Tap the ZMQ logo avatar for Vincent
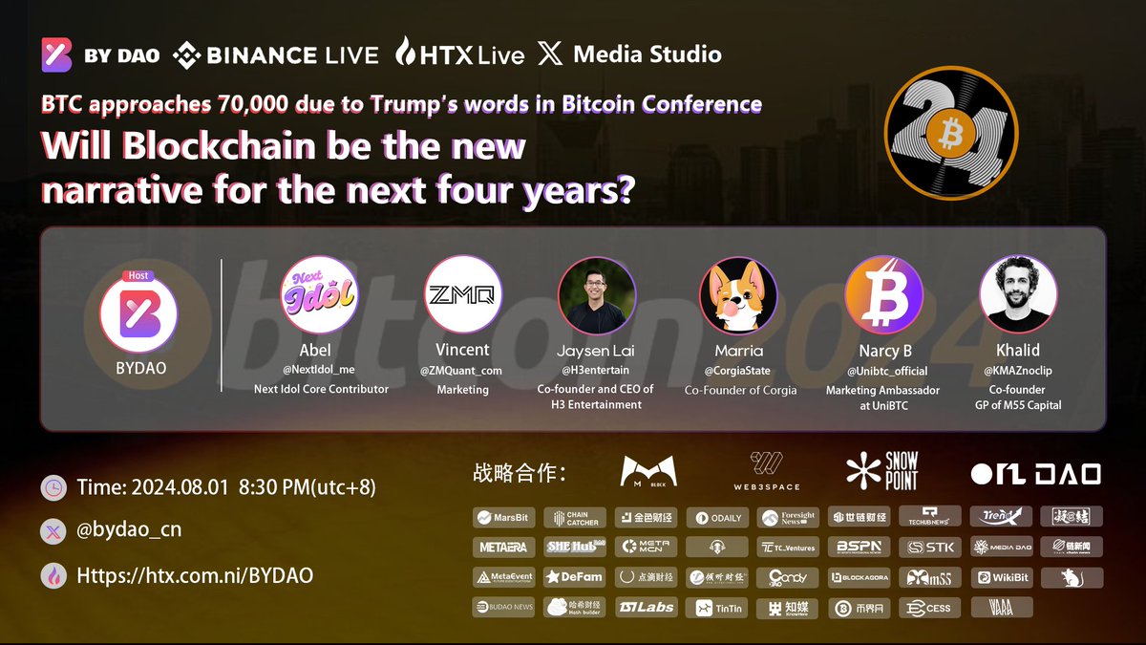pos(462,294)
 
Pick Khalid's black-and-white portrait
pos(1019,294)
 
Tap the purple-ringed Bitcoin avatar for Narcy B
pos(884,294)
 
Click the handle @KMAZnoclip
pos(1019,371)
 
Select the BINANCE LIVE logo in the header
pos(276,55)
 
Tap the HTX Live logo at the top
pos(460,54)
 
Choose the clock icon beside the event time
pos(54,487)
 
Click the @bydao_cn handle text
pos(128,529)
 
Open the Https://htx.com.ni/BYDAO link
pos(193,575)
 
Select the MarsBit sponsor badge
pos(503,518)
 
